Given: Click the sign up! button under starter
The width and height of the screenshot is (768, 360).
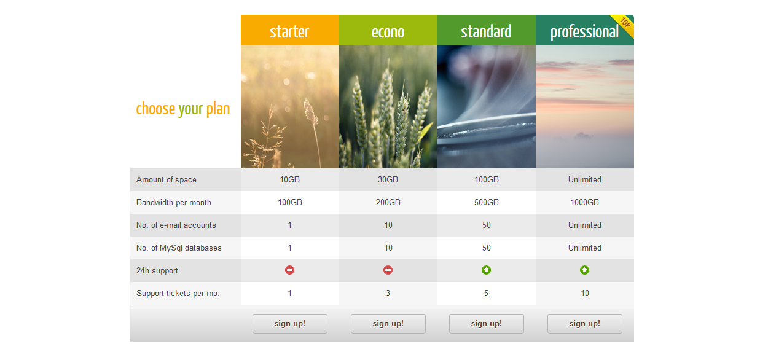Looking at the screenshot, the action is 290,324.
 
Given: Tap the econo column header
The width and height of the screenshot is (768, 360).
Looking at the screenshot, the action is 388,30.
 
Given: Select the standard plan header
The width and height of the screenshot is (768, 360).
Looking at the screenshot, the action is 487,30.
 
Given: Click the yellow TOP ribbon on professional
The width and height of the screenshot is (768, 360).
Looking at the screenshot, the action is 625,25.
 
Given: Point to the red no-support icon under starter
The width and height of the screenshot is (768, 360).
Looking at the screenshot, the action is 290,270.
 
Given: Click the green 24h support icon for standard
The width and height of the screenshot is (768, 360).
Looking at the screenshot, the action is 486,270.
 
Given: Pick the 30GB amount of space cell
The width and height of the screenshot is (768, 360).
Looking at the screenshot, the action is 388,179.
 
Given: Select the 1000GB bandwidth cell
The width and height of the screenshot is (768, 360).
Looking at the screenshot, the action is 584,202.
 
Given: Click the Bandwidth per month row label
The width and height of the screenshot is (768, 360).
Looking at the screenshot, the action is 174,202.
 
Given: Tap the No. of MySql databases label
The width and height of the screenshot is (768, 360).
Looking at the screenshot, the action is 179,248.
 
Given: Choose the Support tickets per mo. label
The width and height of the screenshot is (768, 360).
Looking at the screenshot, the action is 178,294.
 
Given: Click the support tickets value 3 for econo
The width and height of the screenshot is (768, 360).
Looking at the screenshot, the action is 388,294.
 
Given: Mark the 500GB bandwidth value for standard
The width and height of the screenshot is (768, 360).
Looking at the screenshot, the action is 487,202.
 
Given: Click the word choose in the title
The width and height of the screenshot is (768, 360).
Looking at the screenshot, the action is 155,109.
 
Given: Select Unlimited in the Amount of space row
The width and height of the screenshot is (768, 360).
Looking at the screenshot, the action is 584,179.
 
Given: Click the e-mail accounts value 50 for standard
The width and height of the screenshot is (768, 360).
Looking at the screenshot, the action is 487,225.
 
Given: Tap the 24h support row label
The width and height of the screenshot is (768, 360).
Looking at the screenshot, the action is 157,270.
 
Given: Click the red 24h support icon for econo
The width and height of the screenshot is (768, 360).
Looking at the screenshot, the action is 388,270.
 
